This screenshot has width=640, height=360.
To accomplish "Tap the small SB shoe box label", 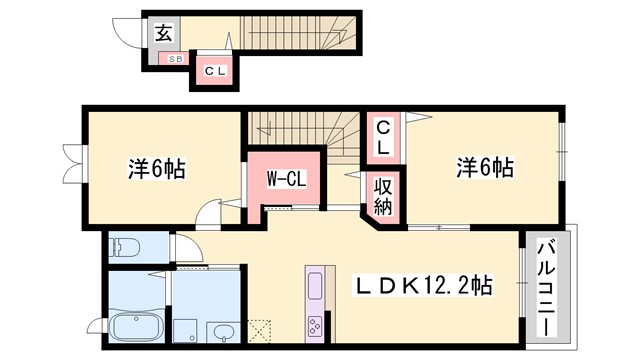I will point(174,60).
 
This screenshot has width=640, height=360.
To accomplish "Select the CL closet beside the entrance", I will point(215,71).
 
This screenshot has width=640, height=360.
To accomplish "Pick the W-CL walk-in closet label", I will point(285,179).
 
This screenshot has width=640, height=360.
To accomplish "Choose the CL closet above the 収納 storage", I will point(384,136).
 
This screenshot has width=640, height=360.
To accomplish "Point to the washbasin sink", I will point(222,331).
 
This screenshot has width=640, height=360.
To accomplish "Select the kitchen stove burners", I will point(315,326).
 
